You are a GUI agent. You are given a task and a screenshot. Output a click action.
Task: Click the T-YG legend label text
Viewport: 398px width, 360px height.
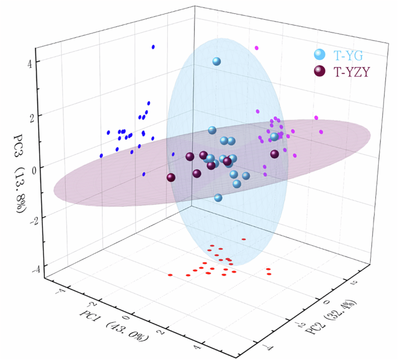point(349,56)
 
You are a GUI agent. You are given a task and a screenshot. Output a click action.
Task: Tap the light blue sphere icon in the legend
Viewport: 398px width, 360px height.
point(319,56)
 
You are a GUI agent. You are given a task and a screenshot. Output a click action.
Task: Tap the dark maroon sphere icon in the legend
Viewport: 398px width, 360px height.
point(319,72)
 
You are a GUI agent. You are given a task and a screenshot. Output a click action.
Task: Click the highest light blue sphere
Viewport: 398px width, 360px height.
point(217,61)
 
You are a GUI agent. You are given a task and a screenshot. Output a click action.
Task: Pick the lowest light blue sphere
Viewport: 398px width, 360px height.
point(218,198)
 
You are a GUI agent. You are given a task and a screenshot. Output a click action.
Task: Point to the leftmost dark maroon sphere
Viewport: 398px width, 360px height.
point(171,178)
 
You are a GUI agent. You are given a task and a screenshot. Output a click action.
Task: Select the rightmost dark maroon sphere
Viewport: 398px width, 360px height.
point(274,154)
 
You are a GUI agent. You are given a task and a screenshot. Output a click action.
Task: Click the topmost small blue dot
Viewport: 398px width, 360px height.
point(153,47)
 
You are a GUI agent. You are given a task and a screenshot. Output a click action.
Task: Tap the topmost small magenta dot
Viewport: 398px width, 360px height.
point(257,48)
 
